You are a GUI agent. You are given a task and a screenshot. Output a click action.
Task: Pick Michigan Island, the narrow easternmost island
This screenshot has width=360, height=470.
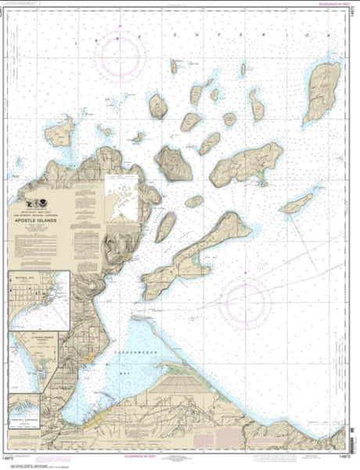(297, 204)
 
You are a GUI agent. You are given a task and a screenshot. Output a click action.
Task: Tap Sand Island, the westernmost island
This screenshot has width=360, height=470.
(59, 133)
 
